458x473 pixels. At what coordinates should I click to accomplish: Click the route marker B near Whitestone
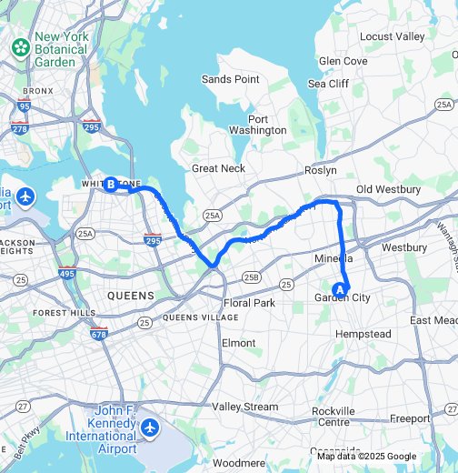coord(111,185)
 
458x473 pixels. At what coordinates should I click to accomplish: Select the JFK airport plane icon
coord(151,427)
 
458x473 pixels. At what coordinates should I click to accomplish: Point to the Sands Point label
coord(230,80)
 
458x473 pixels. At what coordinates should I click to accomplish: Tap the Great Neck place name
coord(219,168)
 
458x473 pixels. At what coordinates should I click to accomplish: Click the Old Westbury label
coord(388,189)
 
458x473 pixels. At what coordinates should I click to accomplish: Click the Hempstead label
coord(363,335)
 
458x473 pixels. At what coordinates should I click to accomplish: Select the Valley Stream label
coord(244,407)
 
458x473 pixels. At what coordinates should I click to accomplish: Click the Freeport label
coord(409,418)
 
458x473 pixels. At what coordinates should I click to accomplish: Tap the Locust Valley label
coord(392,36)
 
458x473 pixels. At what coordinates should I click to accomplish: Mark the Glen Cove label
coord(343,61)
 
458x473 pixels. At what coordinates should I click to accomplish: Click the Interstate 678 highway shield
coord(99,334)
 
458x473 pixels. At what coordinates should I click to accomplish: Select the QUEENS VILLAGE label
coord(201,317)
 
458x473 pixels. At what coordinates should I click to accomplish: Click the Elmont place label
coord(239,343)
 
